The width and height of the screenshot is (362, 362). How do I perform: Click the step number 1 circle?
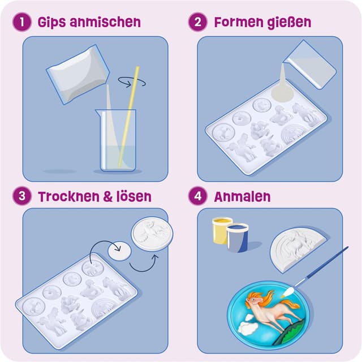(x=21, y=23)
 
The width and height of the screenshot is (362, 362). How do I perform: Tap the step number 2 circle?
(x=197, y=23)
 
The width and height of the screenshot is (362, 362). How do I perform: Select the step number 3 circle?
(x=21, y=196)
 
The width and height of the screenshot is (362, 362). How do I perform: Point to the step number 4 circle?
(x=197, y=196)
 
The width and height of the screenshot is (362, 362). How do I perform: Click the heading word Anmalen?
(x=242, y=197)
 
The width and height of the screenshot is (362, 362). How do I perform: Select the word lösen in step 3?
(x=131, y=197)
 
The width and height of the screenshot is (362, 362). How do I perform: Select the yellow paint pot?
(x=222, y=230)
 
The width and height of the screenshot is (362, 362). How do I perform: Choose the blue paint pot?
(x=238, y=236)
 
